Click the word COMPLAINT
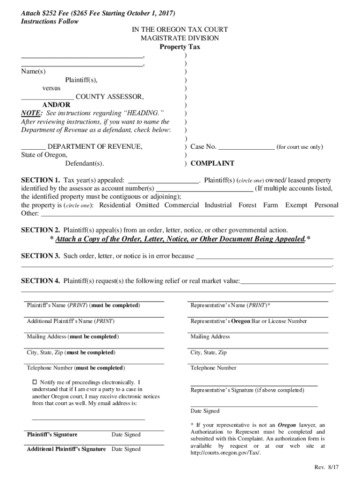pos(212,164)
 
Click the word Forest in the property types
pos(247,205)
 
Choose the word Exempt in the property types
pos(296,205)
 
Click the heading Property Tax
pos(180,47)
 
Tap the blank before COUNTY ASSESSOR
pos(47,97)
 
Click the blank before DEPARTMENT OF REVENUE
pos(33,147)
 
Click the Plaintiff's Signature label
pos(52,435)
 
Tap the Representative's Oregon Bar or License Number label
pos(249,321)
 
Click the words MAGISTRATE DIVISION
pos(180,38)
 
